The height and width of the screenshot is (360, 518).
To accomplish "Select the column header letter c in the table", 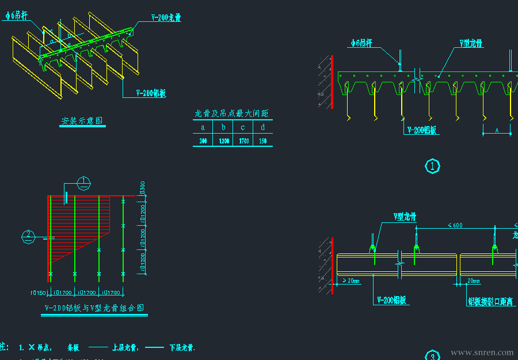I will tap(243, 127).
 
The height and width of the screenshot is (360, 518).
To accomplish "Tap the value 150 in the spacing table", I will tap(263, 141).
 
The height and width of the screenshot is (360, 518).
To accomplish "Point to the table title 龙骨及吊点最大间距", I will tap(232, 113).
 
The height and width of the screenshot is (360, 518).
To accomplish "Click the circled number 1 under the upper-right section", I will tap(432, 166).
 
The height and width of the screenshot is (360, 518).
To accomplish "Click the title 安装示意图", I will tap(82, 121).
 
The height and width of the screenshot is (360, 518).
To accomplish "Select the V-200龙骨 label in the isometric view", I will tap(166, 18).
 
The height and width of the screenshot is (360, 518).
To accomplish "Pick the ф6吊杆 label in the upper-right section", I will tap(362, 43).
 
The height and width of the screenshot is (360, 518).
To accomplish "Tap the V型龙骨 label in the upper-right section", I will tap(471, 43).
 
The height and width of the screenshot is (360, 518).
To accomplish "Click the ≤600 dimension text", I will tap(455, 225).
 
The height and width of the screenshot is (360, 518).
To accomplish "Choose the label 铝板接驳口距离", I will tap(490, 301).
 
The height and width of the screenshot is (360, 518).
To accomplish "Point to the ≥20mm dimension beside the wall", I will tap(351, 281).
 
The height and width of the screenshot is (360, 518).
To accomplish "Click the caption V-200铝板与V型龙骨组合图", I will tap(94, 308).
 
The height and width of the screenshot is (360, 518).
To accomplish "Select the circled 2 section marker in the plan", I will tap(28, 234).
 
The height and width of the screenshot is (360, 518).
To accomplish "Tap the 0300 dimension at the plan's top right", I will tap(142, 188).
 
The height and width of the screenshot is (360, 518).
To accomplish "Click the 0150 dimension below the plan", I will tap(38, 292).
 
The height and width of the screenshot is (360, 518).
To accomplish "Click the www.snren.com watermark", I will tap(482, 353).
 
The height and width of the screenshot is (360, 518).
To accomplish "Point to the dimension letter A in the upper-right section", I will tap(497, 131).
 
